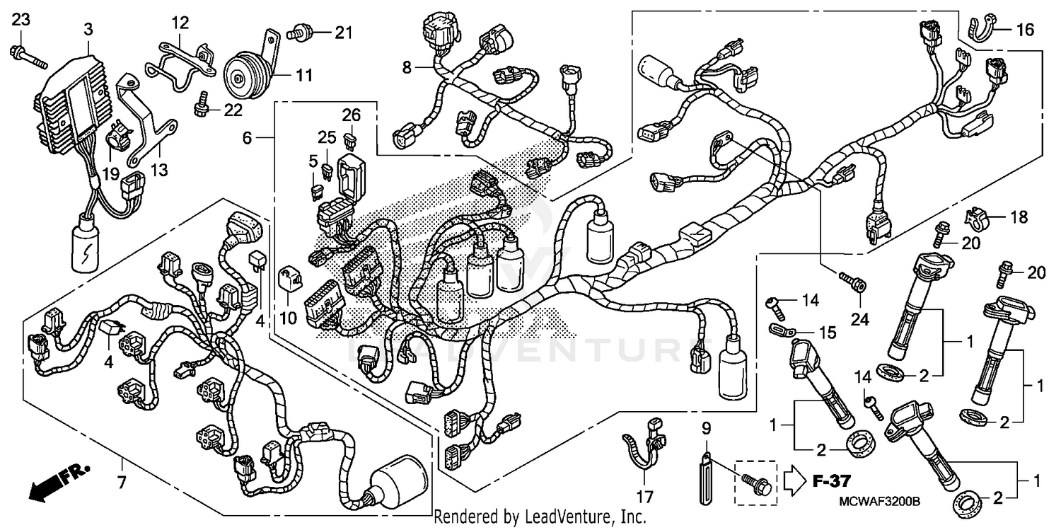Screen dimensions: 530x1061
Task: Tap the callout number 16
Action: (x=1025, y=30)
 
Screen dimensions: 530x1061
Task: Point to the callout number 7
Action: (x=122, y=485)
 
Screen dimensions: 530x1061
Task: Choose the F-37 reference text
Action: (x=829, y=483)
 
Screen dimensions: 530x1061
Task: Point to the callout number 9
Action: (x=705, y=427)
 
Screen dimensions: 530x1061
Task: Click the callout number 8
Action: (x=407, y=68)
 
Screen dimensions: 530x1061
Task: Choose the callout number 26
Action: (x=352, y=115)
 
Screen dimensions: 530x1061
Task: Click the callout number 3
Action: (x=88, y=30)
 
